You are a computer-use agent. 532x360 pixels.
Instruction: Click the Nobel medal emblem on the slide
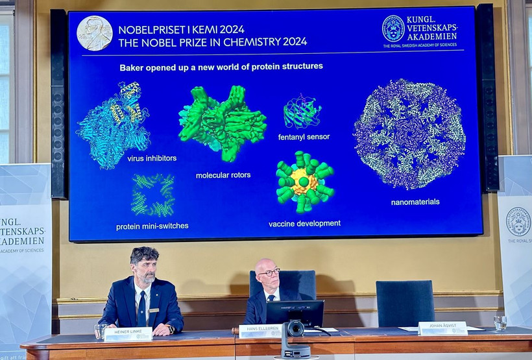tap(95, 33)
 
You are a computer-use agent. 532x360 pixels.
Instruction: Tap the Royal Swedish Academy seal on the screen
tap(393, 29)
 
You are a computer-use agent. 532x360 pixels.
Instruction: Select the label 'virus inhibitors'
tap(152, 158)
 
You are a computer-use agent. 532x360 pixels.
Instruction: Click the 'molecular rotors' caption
tap(223, 175)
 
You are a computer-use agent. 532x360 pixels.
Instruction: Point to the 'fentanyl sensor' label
tap(304, 137)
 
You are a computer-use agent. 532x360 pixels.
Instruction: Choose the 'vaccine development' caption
tap(304, 224)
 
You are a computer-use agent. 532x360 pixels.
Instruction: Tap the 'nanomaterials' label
tap(415, 202)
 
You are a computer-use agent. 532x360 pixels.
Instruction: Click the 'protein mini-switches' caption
tap(152, 226)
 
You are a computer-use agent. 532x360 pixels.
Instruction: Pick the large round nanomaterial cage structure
tap(409, 134)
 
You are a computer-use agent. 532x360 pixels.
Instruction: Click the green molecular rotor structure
tap(222, 122)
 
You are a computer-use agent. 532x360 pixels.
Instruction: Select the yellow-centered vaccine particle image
tap(304, 182)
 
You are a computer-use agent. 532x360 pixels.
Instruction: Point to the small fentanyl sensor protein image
tap(302, 113)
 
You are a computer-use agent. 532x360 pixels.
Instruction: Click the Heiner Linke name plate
tap(128, 333)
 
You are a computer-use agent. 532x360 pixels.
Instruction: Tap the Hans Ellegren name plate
tap(260, 331)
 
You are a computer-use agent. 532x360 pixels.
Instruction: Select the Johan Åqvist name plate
tap(442, 328)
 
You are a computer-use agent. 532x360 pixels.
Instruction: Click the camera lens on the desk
tap(295, 329)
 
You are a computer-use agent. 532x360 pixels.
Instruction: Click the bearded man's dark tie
tap(141, 310)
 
